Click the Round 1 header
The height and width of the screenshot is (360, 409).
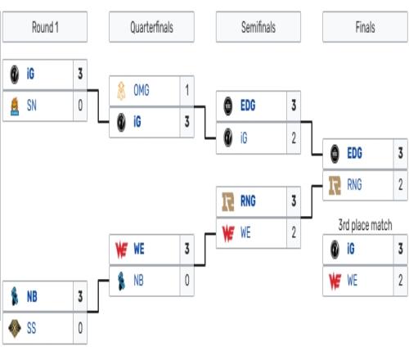(x=45, y=27)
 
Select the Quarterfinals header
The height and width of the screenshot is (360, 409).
(x=151, y=27)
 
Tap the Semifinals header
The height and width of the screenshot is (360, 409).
(x=258, y=27)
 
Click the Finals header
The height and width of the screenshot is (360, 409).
(x=365, y=27)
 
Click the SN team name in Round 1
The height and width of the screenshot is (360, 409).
(x=32, y=106)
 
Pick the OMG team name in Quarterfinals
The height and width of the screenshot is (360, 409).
(x=142, y=90)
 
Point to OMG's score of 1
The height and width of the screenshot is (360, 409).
(x=187, y=90)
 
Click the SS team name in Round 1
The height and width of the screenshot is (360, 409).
(x=31, y=328)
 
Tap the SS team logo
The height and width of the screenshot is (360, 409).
(x=15, y=328)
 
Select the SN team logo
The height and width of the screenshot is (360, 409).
(x=15, y=106)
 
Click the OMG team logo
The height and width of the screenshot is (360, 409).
(x=121, y=91)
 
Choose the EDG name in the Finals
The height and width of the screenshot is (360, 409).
(x=354, y=153)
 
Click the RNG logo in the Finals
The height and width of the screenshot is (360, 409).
(x=335, y=186)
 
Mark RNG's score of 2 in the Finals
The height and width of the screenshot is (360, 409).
(x=401, y=185)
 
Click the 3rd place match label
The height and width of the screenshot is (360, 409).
(x=365, y=225)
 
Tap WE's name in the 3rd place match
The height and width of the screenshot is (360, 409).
(x=352, y=281)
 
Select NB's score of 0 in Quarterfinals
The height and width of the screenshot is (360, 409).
(x=187, y=281)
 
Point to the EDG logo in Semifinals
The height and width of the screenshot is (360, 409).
(x=228, y=106)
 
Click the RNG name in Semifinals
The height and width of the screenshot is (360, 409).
(x=248, y=201)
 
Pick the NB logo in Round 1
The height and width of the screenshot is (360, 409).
(x=15, y=296)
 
